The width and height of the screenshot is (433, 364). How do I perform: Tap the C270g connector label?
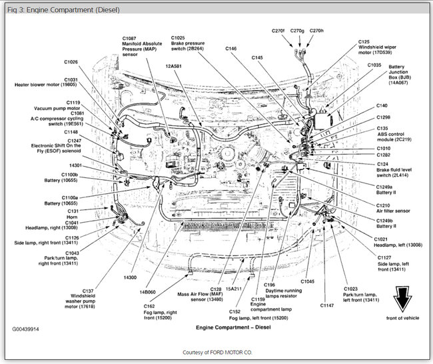tap(297, 31)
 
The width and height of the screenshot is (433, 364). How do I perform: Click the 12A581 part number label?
tap(174, 67)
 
